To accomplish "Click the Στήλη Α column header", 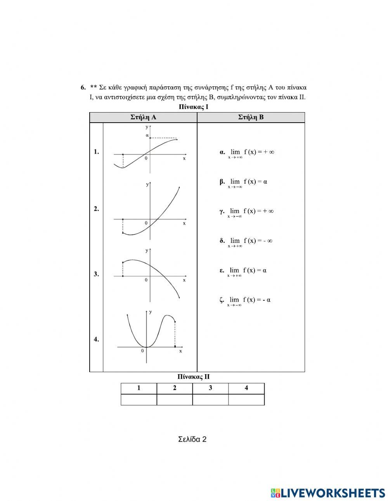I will [x=144, y=117].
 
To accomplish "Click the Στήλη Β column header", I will [x=251, y=117].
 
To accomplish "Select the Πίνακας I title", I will [x=194, y=107].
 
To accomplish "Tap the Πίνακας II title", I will [x=194, y=376].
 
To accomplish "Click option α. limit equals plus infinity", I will [x=247, y=153].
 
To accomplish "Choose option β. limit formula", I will [x=244, y=182].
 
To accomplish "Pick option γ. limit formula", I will [x=247, y=212].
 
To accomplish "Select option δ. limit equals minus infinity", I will [x=246, y=241].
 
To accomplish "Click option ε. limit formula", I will [x=243, y=271].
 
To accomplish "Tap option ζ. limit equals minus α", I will [x=245, y=300].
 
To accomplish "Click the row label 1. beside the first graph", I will [x=96, y=152].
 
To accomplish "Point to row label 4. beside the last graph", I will [x=96, y=339].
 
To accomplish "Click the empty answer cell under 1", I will [x=139, y=400].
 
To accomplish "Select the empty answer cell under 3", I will [x=210, y=400].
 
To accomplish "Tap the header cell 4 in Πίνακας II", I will [x=246, y=388].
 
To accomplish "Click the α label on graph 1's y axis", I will [x=147, y=135].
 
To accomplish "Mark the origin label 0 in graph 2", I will [x=146, y=223].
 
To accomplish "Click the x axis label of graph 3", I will [x=184, y=280].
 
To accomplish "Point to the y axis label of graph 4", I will [x=150, y=312].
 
